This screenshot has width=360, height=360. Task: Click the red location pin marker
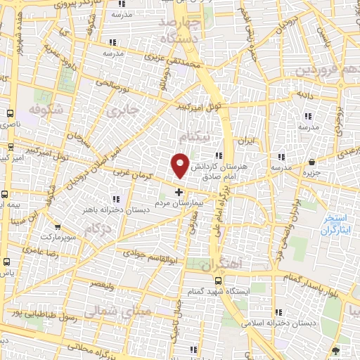pyautogui.click(x=181, y=165)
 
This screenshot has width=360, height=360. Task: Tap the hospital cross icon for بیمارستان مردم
pyautogui.click(x=179, y=191)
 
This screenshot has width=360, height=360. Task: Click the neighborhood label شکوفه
pyautogui.click(x=46, y=109)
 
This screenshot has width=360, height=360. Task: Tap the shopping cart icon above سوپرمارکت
pyautogui.click(x=57, y=227)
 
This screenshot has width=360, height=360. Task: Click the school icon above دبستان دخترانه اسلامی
pyautogui.click(x=281, y=311)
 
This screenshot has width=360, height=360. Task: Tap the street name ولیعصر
pyautogui.click(x=103, y=285)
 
